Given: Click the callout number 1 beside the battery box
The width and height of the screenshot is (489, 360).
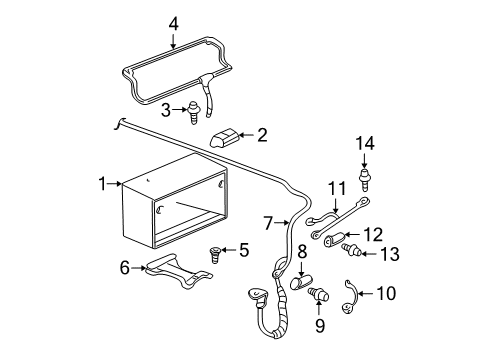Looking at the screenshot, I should pyautogui.click(x=102, y=184).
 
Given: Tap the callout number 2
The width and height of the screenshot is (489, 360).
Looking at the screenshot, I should pyautogui.click(x=261, y=134).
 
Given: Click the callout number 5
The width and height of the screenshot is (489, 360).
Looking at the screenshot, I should pyautogui.click(x=243, y=249).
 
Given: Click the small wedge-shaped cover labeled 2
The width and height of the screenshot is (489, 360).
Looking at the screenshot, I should pyautogui.click(x=226, y=139).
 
